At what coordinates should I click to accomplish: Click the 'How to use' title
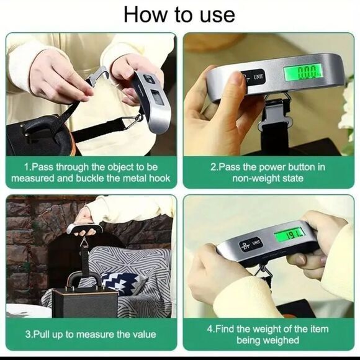(x=179, y=14)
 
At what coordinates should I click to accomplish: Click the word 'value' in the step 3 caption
(x=144, y=335)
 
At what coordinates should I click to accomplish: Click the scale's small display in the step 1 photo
(x=157, y=97)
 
